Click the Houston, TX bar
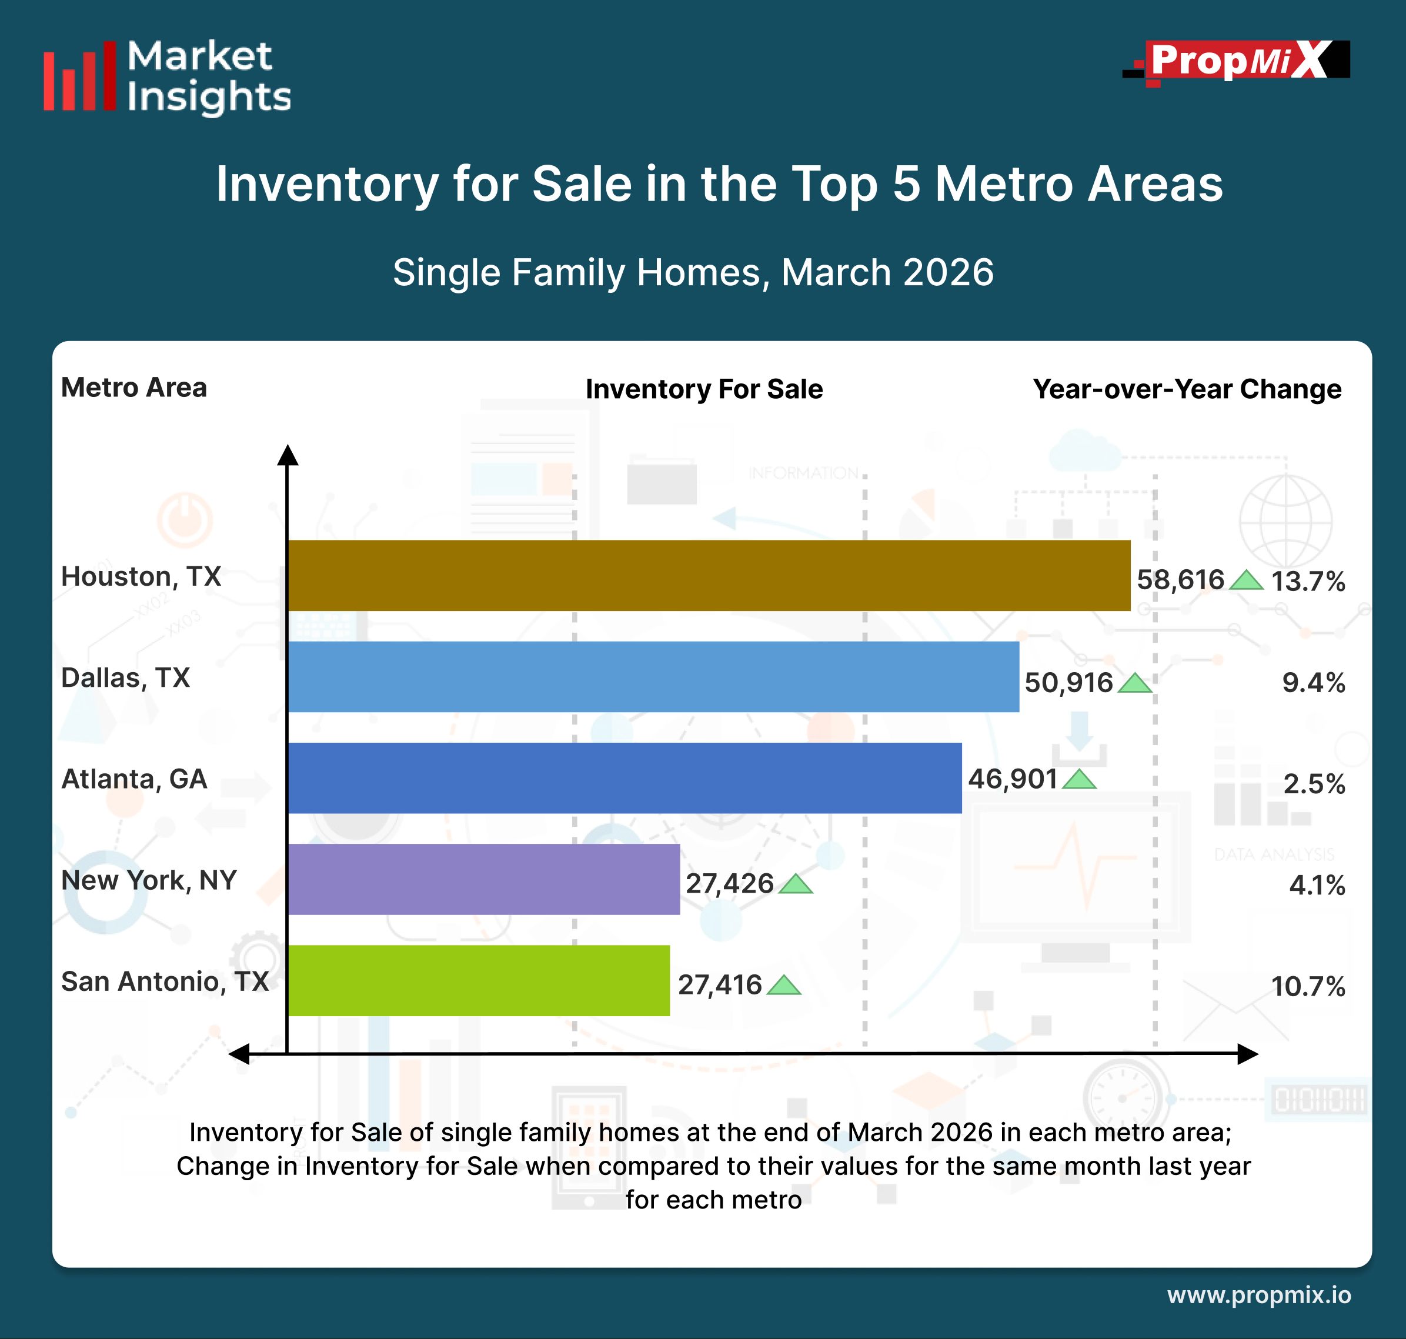(x=709, y=575)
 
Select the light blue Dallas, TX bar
(x=653, y=677)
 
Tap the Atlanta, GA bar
(x=624, y=778)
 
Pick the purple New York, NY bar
(x=484, y=879)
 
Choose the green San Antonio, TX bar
(x=478, y=981)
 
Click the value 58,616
(x=1180, y=580)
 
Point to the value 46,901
(x=1012, y=779)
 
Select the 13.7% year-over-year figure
(x=1308, y=581)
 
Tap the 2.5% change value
(x=1314, y=784)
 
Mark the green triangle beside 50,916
(x=1134, y=684)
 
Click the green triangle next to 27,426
(x=795, y=885)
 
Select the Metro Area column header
(x=133, y=388)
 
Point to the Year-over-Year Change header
(x=1187, y=389)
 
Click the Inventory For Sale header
(x=704, y=389)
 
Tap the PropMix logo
(x=1237, y=61)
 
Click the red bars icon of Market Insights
(x=79, y=76)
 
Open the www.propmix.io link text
(x=1259, y=1295)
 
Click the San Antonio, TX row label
(x=165, y=981)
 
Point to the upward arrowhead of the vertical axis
(x=288, y=455)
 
